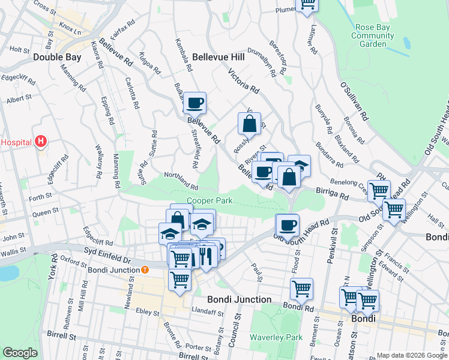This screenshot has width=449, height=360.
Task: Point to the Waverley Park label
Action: pyautogui.click(x=276, y=337)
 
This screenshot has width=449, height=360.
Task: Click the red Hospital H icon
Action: pyautogui.click(x=40, y=142)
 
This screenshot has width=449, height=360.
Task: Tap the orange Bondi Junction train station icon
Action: pyautogui.click(x=145, y=269)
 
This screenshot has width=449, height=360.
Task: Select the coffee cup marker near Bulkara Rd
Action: pyautogui.click(x=194, y=103)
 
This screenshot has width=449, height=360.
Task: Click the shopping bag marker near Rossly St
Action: pyautogui.click(x=249, y=124)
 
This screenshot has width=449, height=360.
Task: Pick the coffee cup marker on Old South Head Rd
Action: pyautogui.click(x=288, y=225)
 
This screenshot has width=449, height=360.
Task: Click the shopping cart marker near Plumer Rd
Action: pyautogui.click(x=307, y=4)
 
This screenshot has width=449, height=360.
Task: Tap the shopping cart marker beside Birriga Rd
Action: pyautogui.click(x=379, y=191)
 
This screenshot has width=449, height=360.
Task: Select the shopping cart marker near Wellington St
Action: pyautogui.click(x=394, y=209)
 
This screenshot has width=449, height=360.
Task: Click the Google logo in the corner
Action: pyautogui.click(x=20, y=352)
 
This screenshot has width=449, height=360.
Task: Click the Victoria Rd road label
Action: pyautogui.click(x=243, y=82)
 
